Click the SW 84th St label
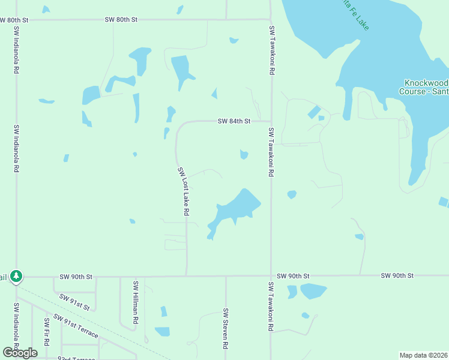coord(234,121)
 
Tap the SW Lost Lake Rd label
coord(184,191)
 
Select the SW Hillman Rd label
coord(136,302)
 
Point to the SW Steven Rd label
coord(226,329)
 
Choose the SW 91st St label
coord(74,302)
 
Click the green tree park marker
coord(17,277)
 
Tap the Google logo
coord(20,352)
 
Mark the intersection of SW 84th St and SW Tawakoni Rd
coord(271,121)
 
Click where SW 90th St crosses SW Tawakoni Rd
coord(271,277)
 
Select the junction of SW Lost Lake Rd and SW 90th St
coord(186,277)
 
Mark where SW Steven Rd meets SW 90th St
coord(226,277)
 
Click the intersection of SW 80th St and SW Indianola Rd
coord(16,20)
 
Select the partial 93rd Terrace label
coord(77,358)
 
